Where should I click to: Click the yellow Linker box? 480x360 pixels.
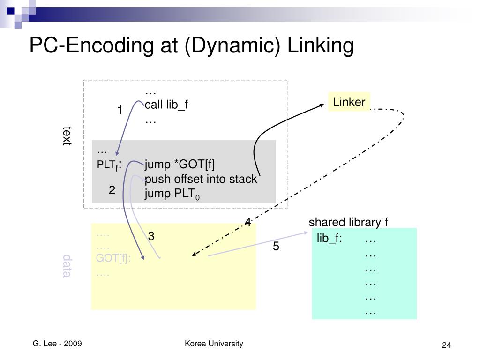pos(349,102)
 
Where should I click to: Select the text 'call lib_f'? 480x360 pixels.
pos(166,105)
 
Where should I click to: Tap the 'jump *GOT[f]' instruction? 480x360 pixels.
pos(180,165)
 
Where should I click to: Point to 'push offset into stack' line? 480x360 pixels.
pos(201,179)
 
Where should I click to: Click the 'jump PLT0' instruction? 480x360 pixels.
pos(172,194)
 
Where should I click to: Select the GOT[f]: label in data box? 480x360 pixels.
pos(113,259)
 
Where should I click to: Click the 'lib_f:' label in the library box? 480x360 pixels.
pos(330,239)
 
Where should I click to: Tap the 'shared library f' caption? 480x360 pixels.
pos(348,222)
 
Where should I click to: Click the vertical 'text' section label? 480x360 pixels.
pos(67,135)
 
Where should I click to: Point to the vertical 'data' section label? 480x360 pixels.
pos(67,266)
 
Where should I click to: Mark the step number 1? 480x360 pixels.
pos(120,111)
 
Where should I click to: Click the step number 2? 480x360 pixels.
pos(112,190)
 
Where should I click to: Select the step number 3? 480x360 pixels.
pos(151,236)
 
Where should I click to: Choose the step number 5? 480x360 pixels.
pos(276,247)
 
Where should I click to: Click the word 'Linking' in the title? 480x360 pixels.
pos(320,45)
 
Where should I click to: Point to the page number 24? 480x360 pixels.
pos(446,345)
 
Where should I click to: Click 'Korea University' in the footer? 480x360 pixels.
pos(214,344)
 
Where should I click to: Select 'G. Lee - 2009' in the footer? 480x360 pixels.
pos(57,344)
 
